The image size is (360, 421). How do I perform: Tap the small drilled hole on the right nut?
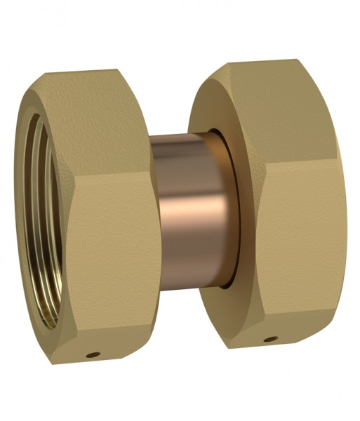click(x=268, y=340)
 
